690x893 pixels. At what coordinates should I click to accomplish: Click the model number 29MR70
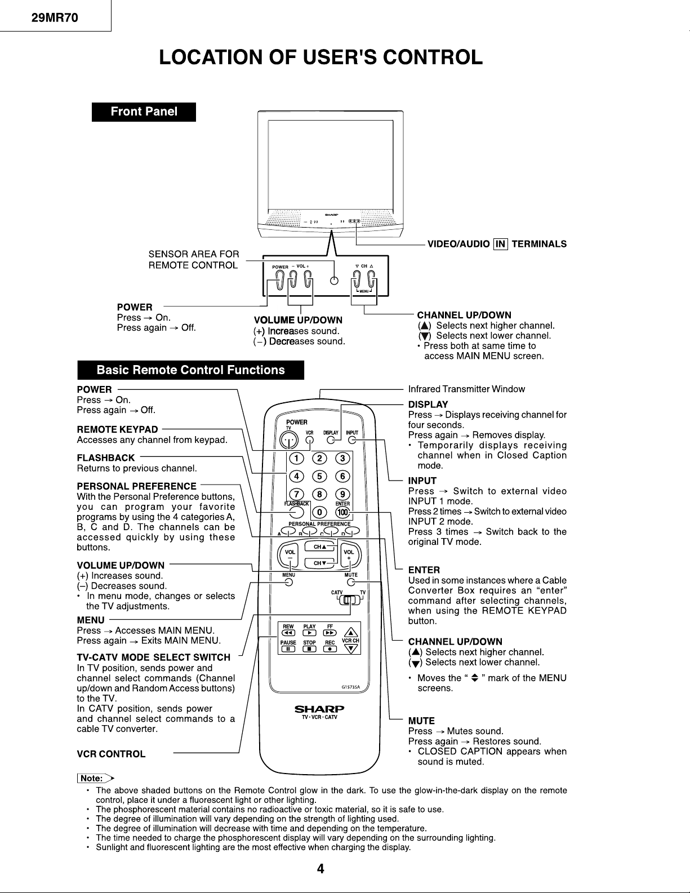coord(54,17)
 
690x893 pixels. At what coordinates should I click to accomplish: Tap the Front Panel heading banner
coord(144,112)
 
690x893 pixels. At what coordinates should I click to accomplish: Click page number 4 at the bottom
coord(320,869)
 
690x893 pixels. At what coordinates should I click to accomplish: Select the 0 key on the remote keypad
coord(319,513)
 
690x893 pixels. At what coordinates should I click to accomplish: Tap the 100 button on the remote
coord(342,513)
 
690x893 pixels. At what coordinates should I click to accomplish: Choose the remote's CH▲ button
coord(320,547)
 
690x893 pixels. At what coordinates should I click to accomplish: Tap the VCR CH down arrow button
coord(351,648)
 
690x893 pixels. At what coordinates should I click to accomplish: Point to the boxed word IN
coord(500,244)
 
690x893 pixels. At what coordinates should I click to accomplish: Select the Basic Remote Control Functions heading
coord(190,370)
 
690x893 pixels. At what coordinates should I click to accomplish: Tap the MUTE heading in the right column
coord(421,721)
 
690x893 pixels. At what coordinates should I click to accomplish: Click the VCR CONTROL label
coord(111,754)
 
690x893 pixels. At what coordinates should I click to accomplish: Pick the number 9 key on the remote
coord(342,495)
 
